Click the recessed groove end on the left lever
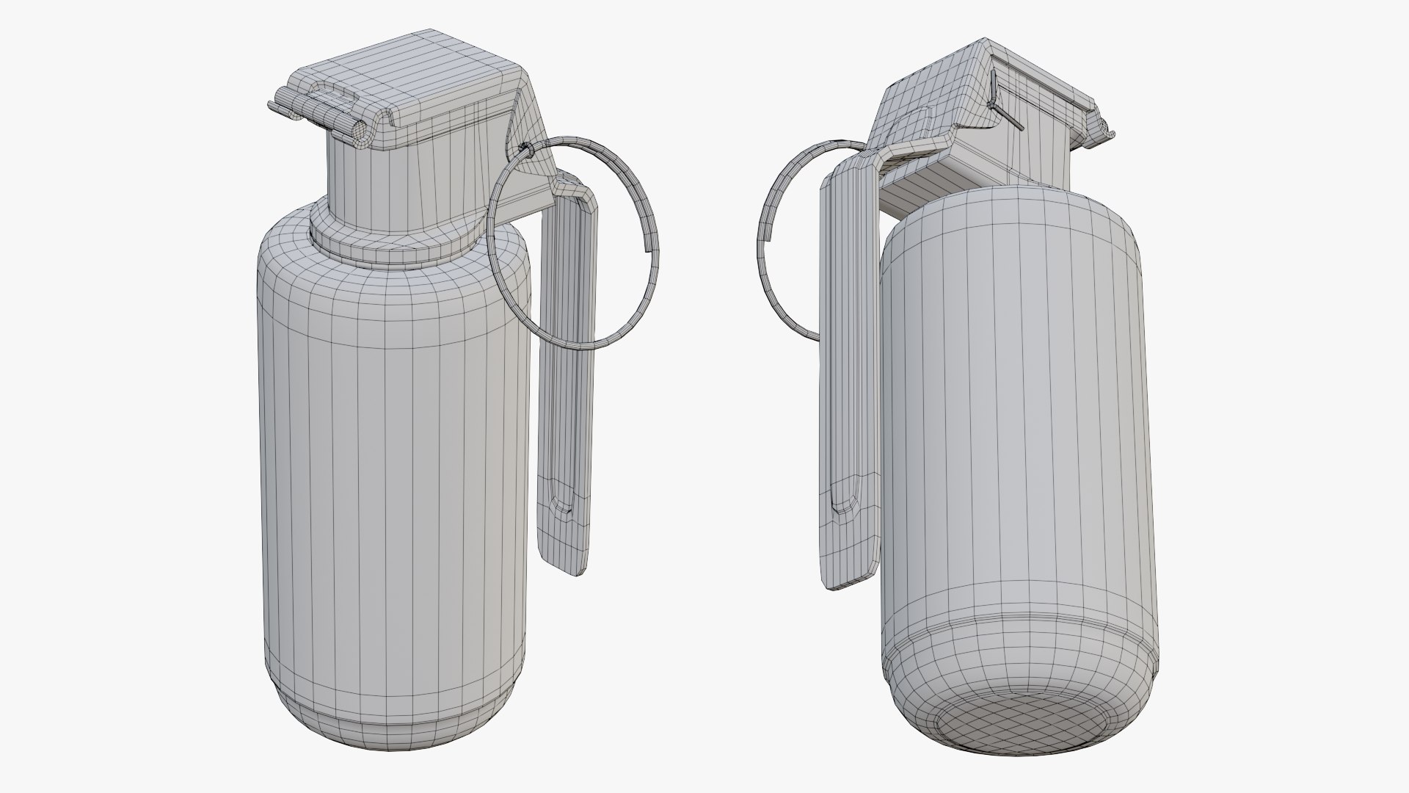pos(561,507)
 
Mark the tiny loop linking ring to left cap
pos(523,151)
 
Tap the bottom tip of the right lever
pos(844,580)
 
